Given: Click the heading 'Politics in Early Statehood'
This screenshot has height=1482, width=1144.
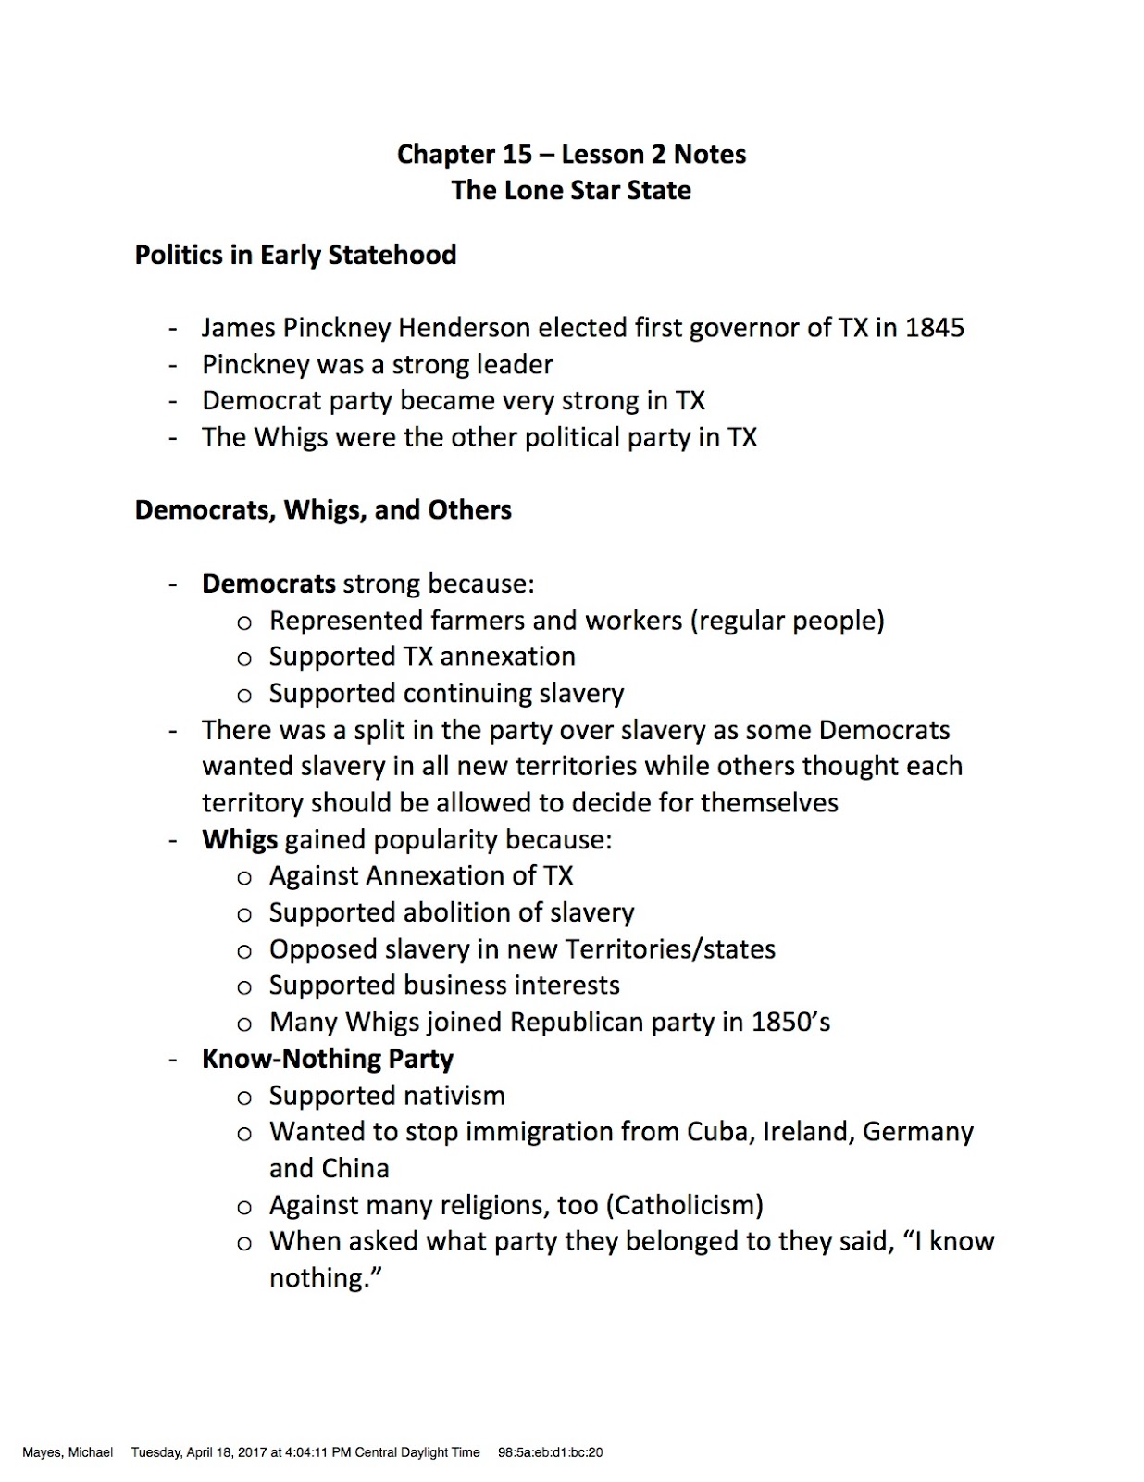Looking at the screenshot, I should [295, 255].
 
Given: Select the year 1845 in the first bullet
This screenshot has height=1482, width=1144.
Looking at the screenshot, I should [934, 328].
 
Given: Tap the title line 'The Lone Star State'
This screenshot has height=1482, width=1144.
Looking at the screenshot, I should [571, 190].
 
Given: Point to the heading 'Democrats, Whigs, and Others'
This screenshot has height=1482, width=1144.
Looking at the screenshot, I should [323, 510].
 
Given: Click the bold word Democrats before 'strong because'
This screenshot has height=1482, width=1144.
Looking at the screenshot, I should [268, 584].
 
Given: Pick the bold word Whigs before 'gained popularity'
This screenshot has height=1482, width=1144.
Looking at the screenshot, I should [240, 839].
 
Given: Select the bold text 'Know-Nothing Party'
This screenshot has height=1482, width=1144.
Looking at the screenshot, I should [328, 1059].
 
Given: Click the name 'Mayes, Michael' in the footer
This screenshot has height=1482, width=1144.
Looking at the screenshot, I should [68, 1452].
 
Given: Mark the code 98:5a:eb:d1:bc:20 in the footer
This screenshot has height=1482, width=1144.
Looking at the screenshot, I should [550, 1452].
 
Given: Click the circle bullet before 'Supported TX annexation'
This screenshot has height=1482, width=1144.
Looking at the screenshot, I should [244, 659].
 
